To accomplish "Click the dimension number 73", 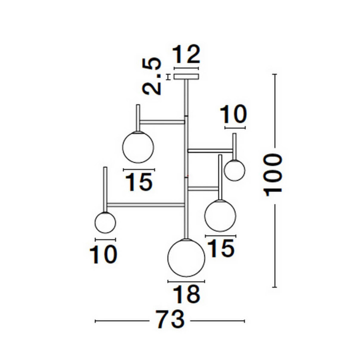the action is click(x=170, y=319).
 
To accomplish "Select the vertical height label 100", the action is click(x=273, y=175).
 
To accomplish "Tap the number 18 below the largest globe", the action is click(x=186, y=294).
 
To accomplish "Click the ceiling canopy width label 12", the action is click(x=186, y=54).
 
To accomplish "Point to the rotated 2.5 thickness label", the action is click(x=151, y=76).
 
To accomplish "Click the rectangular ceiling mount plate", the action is click(x=186, y=76).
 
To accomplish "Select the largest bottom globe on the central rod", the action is click(x=186, y=257).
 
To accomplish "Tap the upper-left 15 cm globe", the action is click(x=138, y=147).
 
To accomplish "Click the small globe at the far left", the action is click(x=105, y=222).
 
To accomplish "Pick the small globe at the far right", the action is click(x=234, y=170).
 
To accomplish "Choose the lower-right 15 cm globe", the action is click(x=220, y=215).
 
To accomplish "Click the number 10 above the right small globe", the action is click(x=233, y=114).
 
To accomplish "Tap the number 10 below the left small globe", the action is click(x=103, y=254).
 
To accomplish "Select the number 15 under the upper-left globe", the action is click(x=139, y=182).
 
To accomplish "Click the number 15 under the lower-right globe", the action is click(x=222, y=248).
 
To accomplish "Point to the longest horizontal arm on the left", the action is click(x=146, y=204).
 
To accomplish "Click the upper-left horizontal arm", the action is click(x=162, y=122).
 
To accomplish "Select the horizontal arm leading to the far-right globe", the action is click(x=210, y=150).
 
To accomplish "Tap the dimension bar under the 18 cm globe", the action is click(x=186, y=281).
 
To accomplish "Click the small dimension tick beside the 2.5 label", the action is click(x=169, y=77).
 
